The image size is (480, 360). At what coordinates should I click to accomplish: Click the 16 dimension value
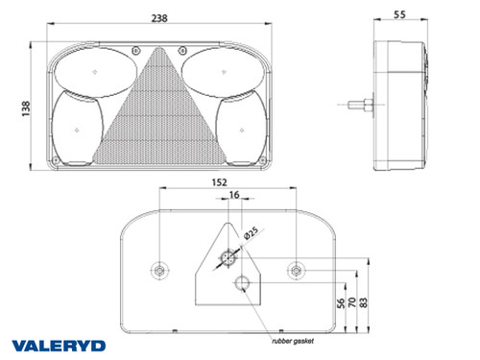[x=234, y=195]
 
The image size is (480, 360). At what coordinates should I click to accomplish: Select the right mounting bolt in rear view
[x=300, y=270]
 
